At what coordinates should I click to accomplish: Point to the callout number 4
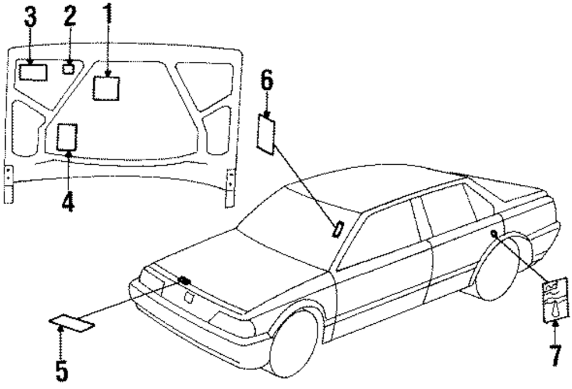coord(67,202)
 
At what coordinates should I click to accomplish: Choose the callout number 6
coord(267,81)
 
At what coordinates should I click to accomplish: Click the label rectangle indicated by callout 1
coord(106,88)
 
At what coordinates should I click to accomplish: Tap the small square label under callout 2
coord(68,69)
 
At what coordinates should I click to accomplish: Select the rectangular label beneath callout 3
coord(33,72)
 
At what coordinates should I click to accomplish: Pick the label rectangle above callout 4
coord(67,137)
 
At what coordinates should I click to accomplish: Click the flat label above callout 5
coord(71,324)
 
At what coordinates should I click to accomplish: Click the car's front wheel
coord(294,343)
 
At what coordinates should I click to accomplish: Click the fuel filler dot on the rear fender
coord(492,233)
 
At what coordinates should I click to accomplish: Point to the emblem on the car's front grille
coord(185,280)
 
